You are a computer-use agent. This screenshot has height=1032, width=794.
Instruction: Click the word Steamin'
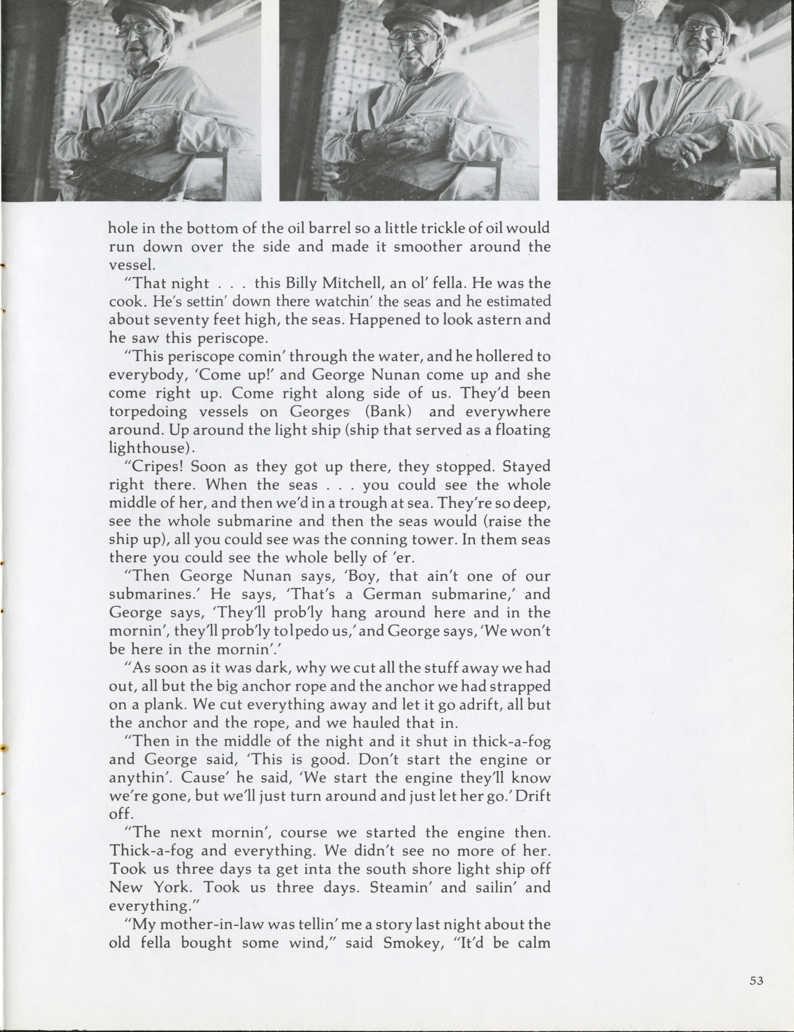pos(402,887)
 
